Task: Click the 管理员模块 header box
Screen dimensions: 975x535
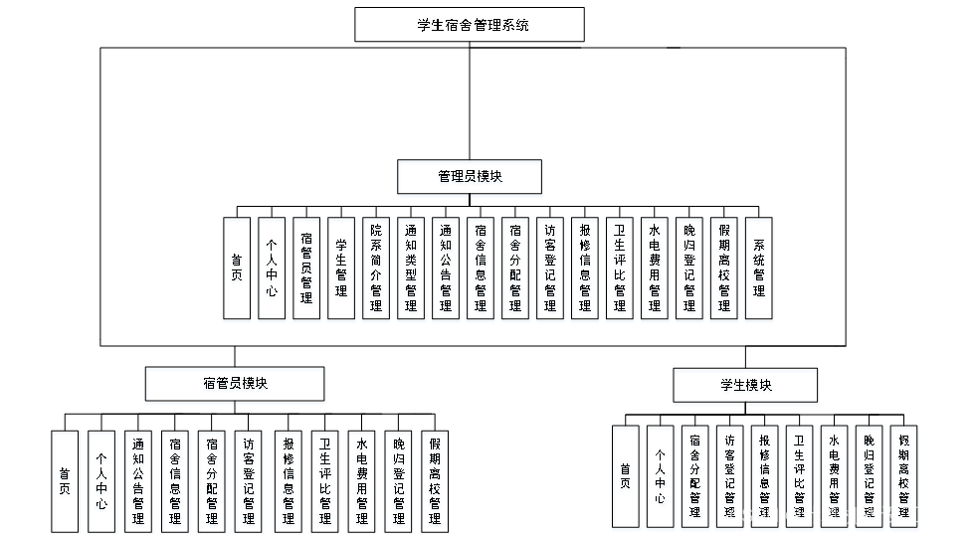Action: [470, 179]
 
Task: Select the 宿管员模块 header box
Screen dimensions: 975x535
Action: [235, 386]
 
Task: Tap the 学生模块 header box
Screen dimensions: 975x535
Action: [745, 387]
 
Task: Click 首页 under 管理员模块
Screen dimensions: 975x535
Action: [237, 270]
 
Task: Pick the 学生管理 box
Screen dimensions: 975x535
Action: [341, 270]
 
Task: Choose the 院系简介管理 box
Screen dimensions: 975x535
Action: [376, 270]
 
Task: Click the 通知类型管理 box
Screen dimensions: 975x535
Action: [411, 270]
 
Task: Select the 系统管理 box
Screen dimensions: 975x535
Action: [759, 270]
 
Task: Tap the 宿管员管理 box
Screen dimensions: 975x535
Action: [306, 270]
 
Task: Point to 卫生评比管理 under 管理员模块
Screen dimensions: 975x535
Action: [619, 270]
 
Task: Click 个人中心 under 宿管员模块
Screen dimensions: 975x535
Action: [101, 482]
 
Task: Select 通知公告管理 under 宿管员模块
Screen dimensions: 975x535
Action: [138, 482]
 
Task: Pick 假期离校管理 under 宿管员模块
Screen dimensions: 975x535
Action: [435, 482]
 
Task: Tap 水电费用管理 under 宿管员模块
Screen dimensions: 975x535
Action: [361, 482]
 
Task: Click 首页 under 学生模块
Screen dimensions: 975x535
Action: [625, 478]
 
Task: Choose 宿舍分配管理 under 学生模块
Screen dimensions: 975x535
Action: [694, 478]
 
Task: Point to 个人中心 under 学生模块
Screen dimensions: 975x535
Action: [661, 478]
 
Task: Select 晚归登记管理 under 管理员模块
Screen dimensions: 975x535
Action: [689, 270]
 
